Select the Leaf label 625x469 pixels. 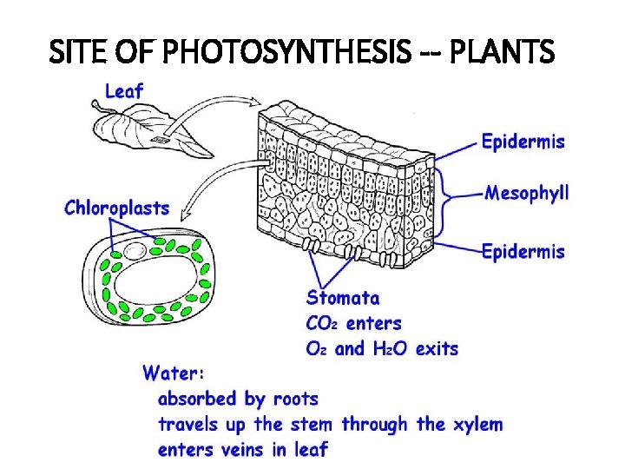coord(123,90)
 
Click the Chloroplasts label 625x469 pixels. coord(117,208)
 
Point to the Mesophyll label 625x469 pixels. coord(527,192)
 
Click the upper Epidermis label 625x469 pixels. coord(523,141)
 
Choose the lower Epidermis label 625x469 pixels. coord(523,252)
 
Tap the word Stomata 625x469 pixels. coord(343,298)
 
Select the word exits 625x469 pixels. coord(437,349)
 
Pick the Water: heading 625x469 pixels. coord(174,373)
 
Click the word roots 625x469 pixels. coord(295,400)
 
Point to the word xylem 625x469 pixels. coord(477,425)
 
